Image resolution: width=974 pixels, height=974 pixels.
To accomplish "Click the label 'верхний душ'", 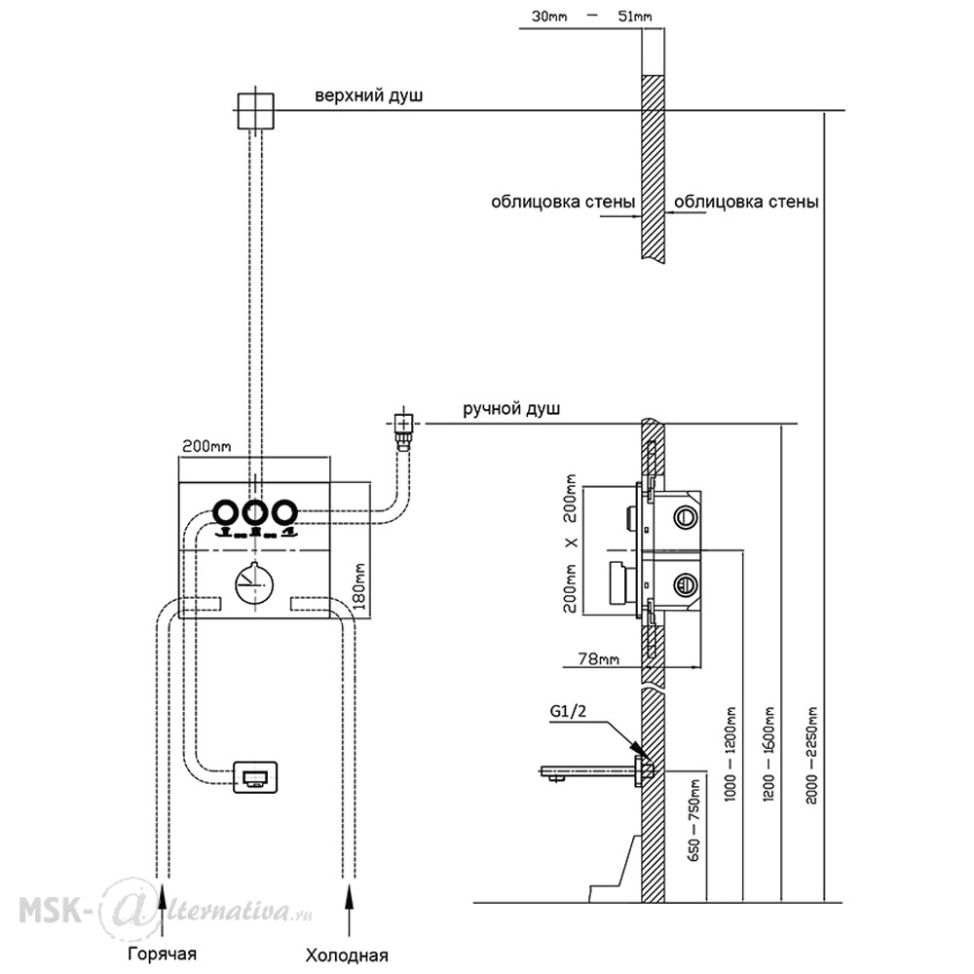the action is (x=368, y=96).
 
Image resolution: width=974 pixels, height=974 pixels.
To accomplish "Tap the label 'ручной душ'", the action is (x=511, y=409).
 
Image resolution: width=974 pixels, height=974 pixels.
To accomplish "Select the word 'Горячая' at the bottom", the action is (x=162, y=955).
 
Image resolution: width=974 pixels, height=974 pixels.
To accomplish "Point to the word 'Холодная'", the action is (x=347, y=955).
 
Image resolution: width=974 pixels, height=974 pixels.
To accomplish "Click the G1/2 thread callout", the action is (x=568, y=711).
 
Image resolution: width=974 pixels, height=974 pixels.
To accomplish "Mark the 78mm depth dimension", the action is (x=598, y=657).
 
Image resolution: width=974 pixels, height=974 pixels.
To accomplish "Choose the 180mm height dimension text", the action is (x=359, y=585).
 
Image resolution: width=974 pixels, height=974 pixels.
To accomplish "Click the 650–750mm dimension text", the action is (x=693, y=820).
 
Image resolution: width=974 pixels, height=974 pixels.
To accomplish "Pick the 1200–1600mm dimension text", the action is (x=769, y=754).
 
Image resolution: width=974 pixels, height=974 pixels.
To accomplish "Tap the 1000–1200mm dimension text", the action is (x=730, y=754).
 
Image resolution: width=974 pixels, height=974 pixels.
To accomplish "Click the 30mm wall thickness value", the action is (x=549, y=17).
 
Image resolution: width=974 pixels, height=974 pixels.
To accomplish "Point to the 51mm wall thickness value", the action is (x=635, y=17).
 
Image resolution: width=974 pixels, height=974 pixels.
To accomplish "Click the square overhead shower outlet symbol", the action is (x=255, y=111).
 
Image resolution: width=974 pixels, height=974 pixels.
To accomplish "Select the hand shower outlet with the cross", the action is (x=404, y=425).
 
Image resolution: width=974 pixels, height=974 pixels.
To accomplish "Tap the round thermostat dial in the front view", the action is (x=255, y=583).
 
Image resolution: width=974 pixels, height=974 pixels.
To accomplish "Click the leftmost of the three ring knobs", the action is (x=226, y=512).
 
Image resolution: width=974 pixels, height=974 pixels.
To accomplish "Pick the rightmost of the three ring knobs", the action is (x=284, y=512).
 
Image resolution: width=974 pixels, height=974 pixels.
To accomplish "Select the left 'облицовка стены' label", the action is (x=563, y=202).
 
